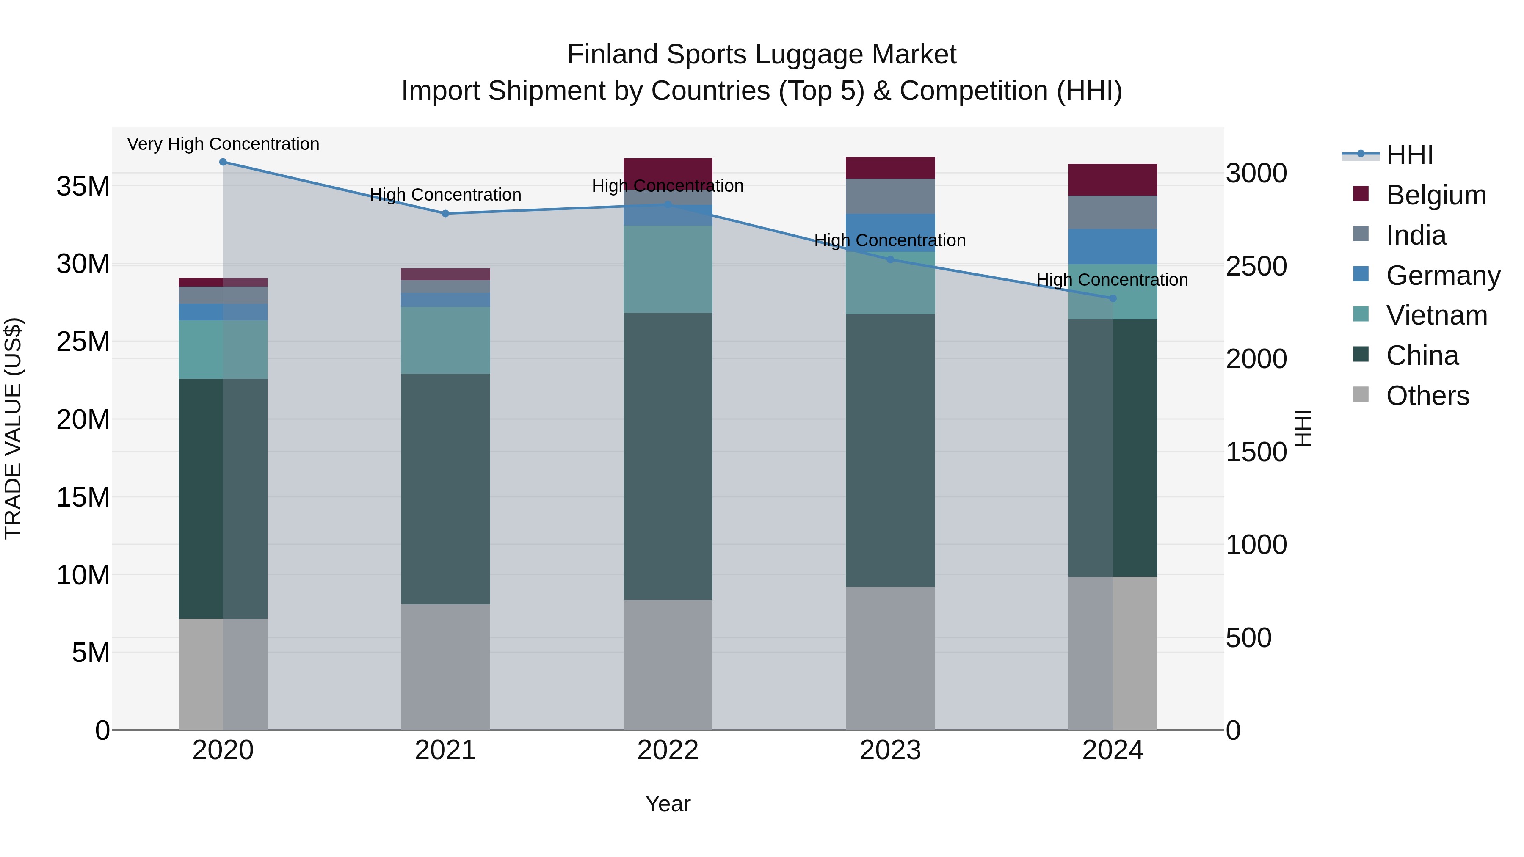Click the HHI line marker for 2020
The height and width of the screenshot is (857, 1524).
[223, 162]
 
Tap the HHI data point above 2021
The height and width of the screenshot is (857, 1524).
[445, 214]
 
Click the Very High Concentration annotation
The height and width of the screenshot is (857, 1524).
[223, 144]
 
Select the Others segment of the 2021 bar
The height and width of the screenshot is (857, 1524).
[445, 667]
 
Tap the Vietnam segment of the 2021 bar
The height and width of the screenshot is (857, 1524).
[445, 340]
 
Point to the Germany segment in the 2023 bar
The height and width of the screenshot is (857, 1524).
[890, 232]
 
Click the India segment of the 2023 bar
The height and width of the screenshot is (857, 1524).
[890, 196]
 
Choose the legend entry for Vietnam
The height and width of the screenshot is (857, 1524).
[1436, 315]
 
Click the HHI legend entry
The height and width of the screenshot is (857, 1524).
[1409, 155]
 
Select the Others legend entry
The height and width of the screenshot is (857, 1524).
[1427, 396]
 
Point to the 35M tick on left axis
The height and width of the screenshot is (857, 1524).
[83, 186]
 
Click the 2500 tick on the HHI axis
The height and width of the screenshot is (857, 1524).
[1256, 266]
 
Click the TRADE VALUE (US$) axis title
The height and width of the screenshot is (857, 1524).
[14, 428]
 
